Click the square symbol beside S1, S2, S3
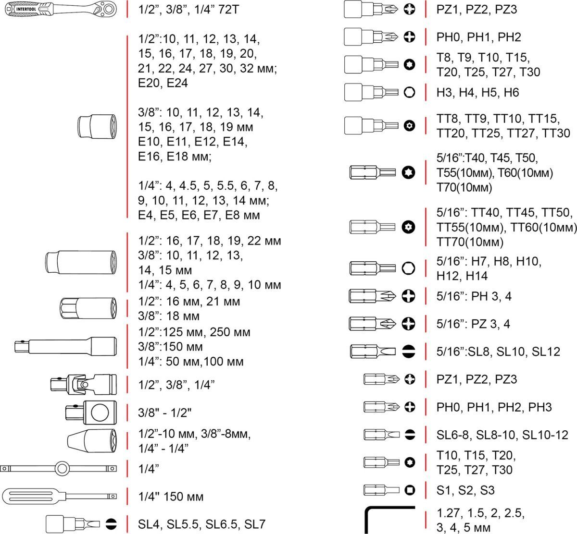tap(410, 490)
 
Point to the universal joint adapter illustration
tap(83, 384)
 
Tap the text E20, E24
tap(163, 83)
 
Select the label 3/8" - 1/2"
tap(165, 413)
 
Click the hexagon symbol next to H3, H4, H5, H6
tap(410, 92)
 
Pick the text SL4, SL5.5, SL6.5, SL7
tap(201, 524)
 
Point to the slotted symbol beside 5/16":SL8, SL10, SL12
tap(408, 351)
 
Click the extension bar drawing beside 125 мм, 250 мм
tap(65, 346)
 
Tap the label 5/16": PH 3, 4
tap(474, 296)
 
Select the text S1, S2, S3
tap(465, 490)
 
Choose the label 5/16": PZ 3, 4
tap(473, 324)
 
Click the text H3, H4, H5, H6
tap(477, 92)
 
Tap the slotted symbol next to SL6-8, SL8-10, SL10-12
tap(410, 435)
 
